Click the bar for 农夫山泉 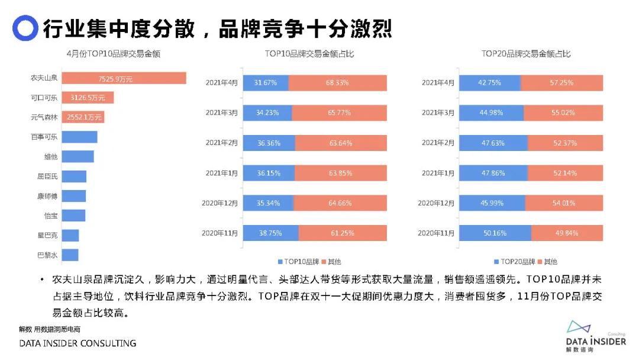tap(124, 78)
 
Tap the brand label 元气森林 tap(44, 118)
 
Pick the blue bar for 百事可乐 tap(79, 137)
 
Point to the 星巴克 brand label tap(47, 236)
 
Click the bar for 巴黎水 tap(70, 255)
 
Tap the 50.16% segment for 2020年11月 tap(495, 233)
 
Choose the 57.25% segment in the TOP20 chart tap(561, 83)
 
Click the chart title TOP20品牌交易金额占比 tap(526, 54)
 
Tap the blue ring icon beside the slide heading tap(25, 27)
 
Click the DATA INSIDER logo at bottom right tap(595, 337)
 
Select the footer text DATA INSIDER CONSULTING tap(78, 343)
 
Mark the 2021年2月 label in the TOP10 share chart tap(221, 143)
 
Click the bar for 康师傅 tap(74, 196)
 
